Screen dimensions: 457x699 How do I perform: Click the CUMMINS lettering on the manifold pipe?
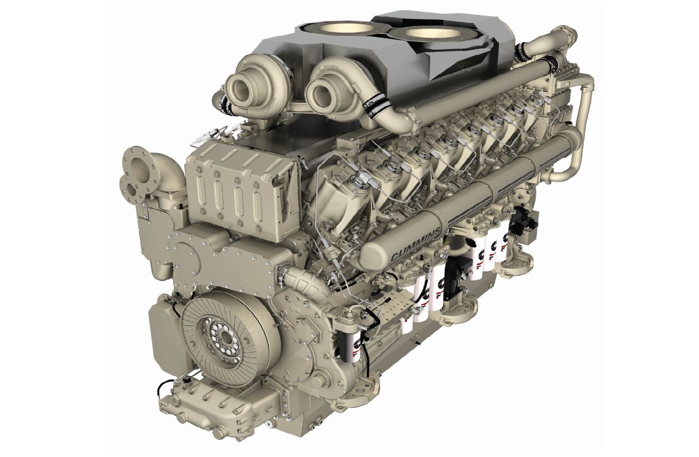[416, 245]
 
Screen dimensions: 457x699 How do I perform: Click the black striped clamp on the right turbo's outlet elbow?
[374, 106]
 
